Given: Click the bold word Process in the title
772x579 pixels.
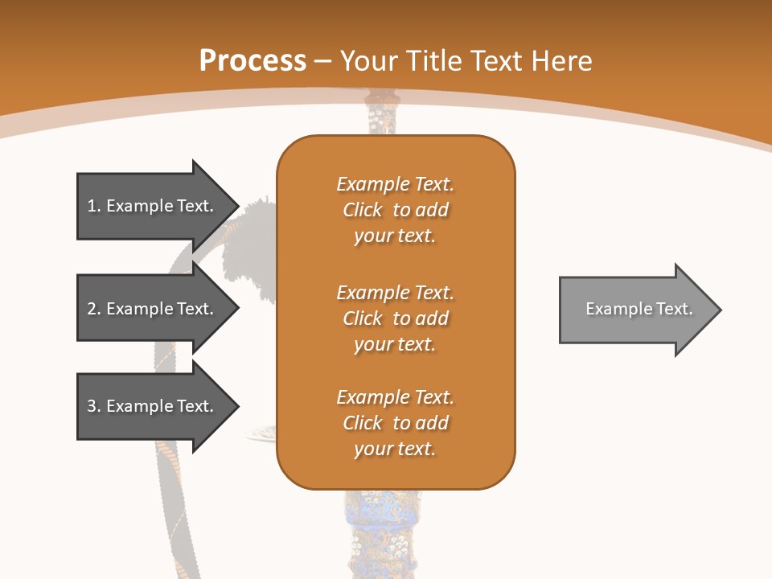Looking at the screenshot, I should point(253,61).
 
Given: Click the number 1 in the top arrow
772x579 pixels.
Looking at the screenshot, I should point(92,206).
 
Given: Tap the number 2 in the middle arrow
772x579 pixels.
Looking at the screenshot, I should point(92,309).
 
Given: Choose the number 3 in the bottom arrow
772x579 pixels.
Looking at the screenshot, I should point(92,406).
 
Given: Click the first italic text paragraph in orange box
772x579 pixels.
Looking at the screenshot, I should point(395,210).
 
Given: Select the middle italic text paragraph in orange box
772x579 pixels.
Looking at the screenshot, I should point(395,318).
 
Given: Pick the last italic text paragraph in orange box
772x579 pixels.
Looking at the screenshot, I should point(395,423).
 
